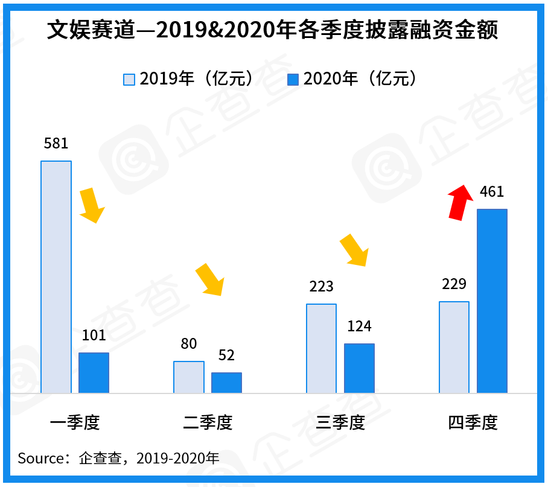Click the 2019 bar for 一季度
coord(56,277)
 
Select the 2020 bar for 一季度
coord(94,373)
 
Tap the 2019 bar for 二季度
coord(189,377)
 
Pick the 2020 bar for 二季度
coord(226,383)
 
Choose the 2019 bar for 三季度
coord(321,348)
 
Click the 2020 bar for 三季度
coord(359,368)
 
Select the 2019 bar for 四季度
coord(454,347)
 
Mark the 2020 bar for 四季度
coord(492,301)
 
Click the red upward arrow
coord(460,202)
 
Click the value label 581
coord(56,144)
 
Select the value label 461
coord(491,193)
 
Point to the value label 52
coord(226,355)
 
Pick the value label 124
coord(359,326)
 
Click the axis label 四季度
coord(473,422)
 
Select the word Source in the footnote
coord(40,458)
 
